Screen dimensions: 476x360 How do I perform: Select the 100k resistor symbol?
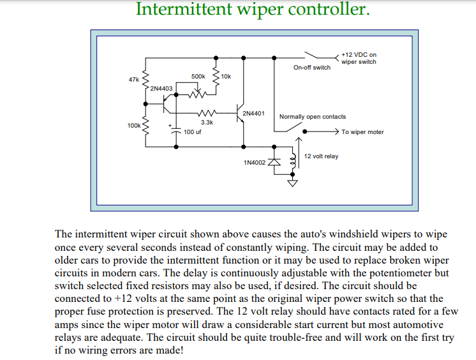point(145,125)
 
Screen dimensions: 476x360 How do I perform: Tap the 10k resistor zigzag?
point(216,76)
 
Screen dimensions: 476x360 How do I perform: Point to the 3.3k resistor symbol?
point(207,113)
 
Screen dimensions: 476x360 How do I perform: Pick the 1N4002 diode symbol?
point(274,161)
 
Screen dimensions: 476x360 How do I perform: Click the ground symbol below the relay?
point(292,183)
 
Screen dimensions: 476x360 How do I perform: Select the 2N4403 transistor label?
point(161,89)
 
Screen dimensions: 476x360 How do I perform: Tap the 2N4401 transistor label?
point(253,114)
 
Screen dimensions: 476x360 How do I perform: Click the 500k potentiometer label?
point(198,76)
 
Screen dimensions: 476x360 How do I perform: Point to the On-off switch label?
point(312,68)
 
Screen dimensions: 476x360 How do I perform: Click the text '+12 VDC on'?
point(359,55)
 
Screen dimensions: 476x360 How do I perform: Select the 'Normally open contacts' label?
point(313,117)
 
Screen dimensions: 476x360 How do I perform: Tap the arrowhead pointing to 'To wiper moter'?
point(336,131)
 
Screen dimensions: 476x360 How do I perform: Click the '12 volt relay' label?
point(321,156)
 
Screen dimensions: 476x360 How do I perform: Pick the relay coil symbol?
point(293,160)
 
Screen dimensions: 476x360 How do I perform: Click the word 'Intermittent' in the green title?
point(184,9)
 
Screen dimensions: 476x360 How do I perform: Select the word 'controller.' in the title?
point(329,9)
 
